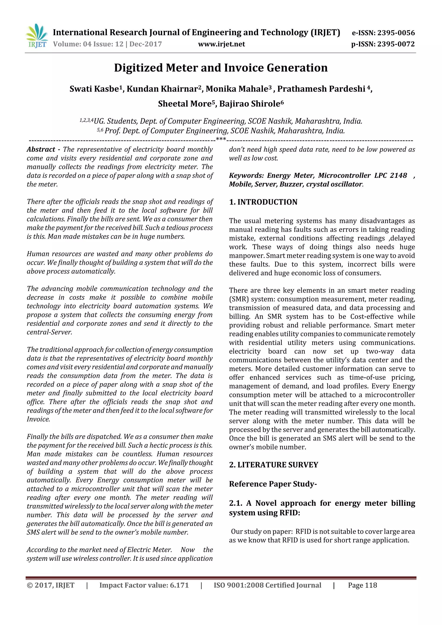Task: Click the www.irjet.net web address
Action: click(x=221, y=44)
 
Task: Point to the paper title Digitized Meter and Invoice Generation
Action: click(x=221, y=68)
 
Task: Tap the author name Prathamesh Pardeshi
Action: click(x=321, y=89)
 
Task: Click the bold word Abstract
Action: click(x=41, y=150)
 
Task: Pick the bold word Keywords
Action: click(x=246, y=176)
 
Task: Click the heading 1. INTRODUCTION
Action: click(x=263, y=202)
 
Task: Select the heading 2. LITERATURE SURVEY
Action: click(x=273, y=465)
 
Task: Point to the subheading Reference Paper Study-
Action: click(x=273, y=484)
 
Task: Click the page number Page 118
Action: click(x=362, y=585)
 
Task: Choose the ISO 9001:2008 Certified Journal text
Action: click(x=267, y=585)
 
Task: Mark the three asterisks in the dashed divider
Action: click(x=221, y=139)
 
